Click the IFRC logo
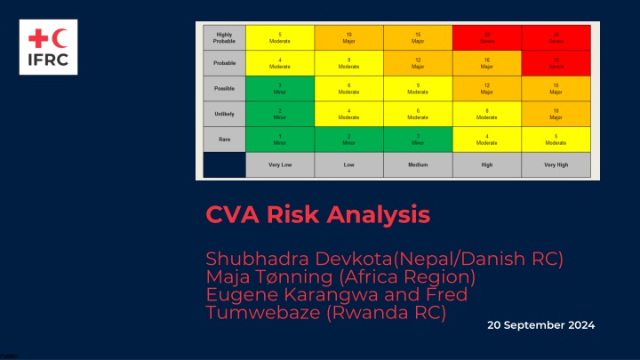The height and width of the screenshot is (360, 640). point(48,47)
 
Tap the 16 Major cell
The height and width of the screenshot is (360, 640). point(487,62)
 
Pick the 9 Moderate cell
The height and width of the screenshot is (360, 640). point(418,88)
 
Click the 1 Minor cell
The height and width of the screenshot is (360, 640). point(279,140)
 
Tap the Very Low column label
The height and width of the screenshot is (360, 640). point(279,165)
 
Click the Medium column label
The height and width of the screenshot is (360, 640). point(418,165)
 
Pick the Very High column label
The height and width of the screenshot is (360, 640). point(556,165)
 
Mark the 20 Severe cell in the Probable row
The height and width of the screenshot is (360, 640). point(556,62)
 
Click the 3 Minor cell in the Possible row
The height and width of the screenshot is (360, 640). point(279,88)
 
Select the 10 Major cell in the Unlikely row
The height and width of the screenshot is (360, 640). point(556,114)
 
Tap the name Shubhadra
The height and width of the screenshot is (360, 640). point(258,259)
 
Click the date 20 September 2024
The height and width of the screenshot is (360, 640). point(540,325)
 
